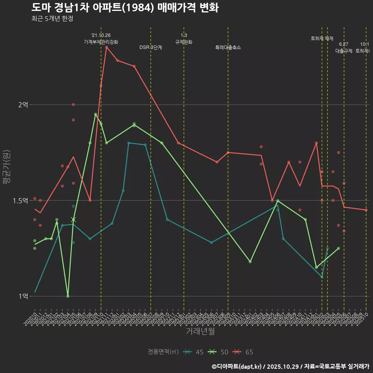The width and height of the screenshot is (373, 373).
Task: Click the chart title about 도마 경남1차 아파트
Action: pos(125,8)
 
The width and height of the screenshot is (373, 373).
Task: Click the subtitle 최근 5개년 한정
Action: pos(52,19)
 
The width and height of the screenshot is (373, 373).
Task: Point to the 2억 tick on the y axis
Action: pos(23,105)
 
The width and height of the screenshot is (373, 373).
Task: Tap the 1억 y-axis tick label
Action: pos(23,296)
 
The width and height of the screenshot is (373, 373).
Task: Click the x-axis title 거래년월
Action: pos(200,331)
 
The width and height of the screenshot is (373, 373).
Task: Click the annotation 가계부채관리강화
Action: pos(101,42)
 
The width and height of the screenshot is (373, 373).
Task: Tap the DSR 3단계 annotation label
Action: pos(151,47)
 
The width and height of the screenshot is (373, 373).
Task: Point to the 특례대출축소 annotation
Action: pos(228,47)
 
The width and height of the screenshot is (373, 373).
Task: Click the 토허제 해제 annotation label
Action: pos(322,38)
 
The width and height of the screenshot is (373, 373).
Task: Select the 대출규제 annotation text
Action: pos(344,51)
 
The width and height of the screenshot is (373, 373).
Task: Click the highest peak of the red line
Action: pos(106,47)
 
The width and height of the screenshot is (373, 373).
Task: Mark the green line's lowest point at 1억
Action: pos(68,296)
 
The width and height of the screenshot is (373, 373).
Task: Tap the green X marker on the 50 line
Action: pos(73,220)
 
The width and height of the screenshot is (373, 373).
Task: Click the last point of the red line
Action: pos(366,210)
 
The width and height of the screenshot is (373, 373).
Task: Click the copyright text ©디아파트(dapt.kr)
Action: pos(237,366)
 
